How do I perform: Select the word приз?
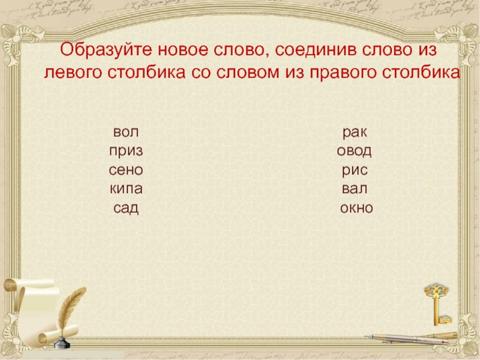click(x=126, y=151)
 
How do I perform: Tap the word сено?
click(x=126, y=170)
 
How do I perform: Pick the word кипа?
click(x=126, y=189)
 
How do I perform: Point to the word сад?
click(x=126, y=208)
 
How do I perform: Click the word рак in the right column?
click(x=355, y=131)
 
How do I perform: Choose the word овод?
click(x=355, y=151)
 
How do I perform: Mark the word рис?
click(x=355, y=170)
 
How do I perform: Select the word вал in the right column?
click(x=355, y=189)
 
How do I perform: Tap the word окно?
click(x=356, y=208)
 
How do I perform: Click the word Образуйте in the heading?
click(x=104, y=49)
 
